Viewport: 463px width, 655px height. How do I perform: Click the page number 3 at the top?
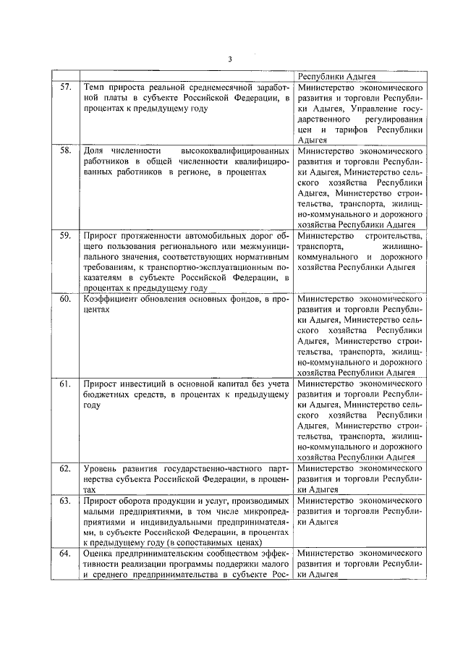[x=229, y=59]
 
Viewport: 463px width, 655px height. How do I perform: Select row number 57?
[x=65, y=87]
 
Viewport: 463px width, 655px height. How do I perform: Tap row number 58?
[x=65, y=151]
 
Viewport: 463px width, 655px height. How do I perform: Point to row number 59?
[x=65, y=236]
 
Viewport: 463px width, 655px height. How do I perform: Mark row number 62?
[x=65, y=468]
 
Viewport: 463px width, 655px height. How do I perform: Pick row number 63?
[x=65, y=500]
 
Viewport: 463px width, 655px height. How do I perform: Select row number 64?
[x=65, y=554]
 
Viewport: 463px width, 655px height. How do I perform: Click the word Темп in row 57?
[x=95, y=87]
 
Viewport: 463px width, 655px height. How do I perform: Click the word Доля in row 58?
[x=95, y=151]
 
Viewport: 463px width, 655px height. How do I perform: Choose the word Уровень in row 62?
[x=103, y=468]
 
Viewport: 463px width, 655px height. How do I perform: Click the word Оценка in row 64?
[x=101, y=554]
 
